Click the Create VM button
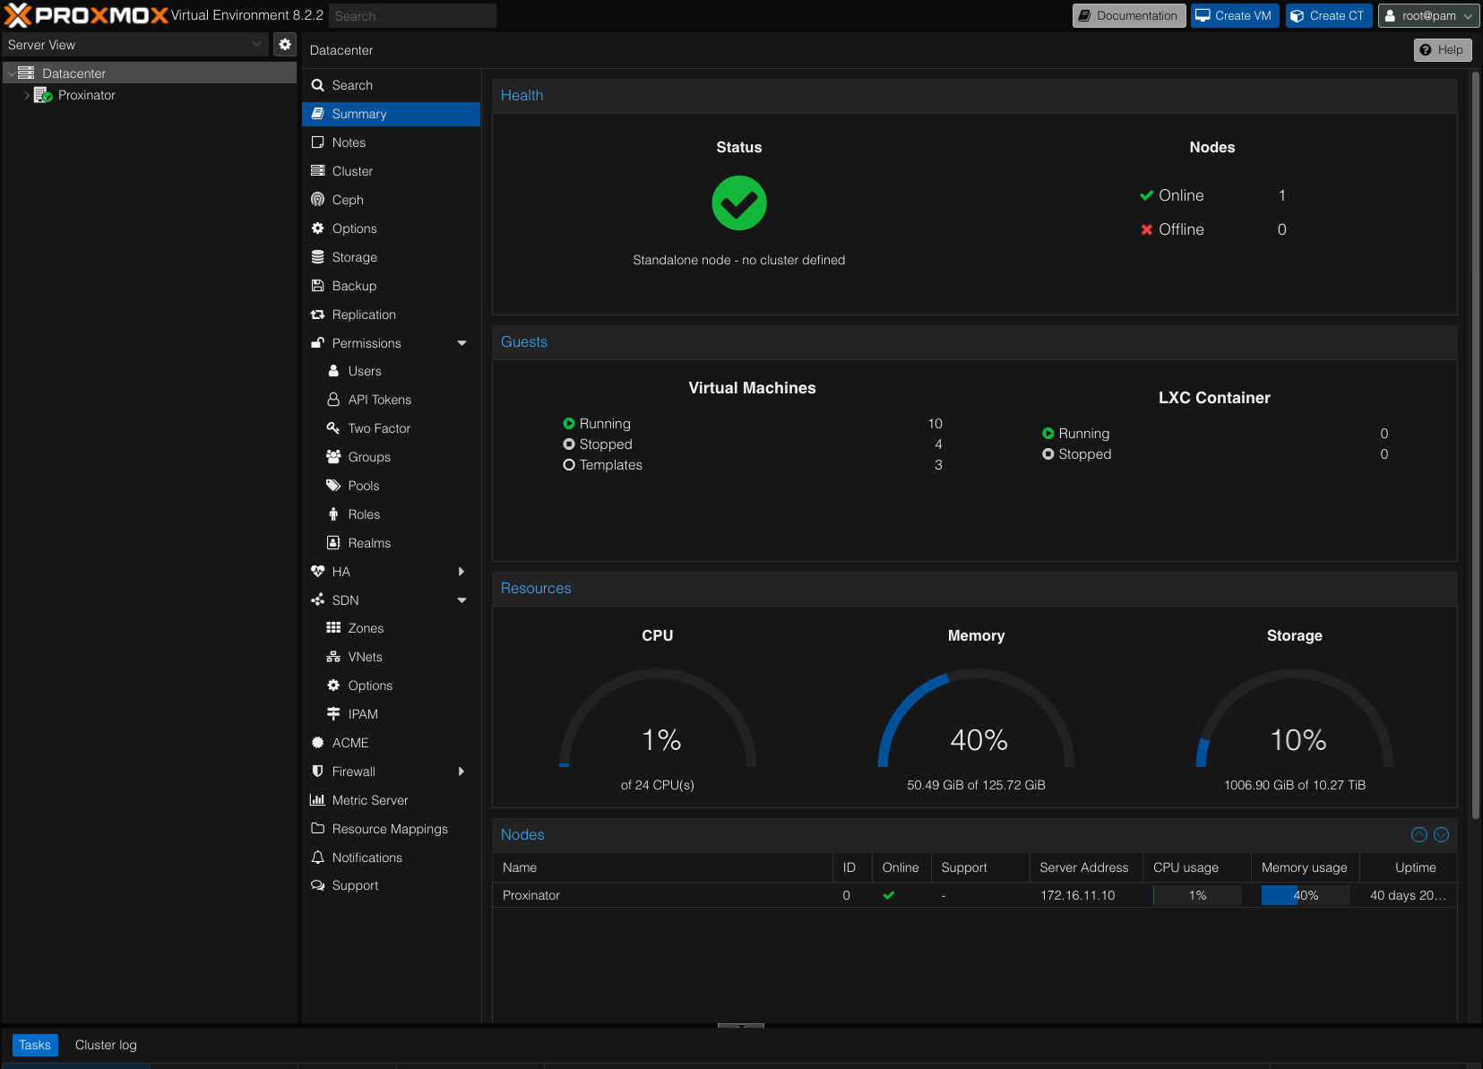click(x=1234, y=16)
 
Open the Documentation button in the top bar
click(x=1128, y=16)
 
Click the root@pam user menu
click(x=1427, y=16)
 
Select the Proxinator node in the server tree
click(x=86, y=95)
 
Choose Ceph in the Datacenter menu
click(x=348, y=200)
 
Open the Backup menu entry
click(x=354, y=286)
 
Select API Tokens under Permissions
click(x=379, y=400)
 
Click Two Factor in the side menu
click(x=379, y=428)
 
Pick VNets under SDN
click(x=365, y=657)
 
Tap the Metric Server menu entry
click(x=369, y=800)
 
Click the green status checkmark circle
click(x=739, y=203)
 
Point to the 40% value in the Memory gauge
click(x=979, y=740)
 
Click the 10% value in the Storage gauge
click(x=1298, y=740)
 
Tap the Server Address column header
click(x=1083, y=867)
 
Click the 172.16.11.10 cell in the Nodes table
click(x=1077, y=895)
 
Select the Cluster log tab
click(x=106, y=1045)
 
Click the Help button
click(x=1442, y=50)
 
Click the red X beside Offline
click(x=1146, y=229)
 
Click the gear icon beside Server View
click(x=285, y=45)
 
